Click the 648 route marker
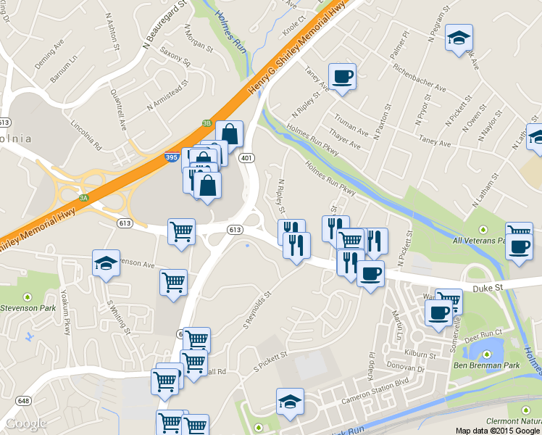tap(24, 400)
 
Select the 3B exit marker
tap(207, 124)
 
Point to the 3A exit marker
tap(83, 196)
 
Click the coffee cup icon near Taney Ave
tap(342, 76)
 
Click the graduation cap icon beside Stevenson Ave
tap(107, 263)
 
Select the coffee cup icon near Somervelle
tap(437, 314)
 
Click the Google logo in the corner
tap(25, 423)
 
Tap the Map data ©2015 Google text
tap(498, 430)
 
